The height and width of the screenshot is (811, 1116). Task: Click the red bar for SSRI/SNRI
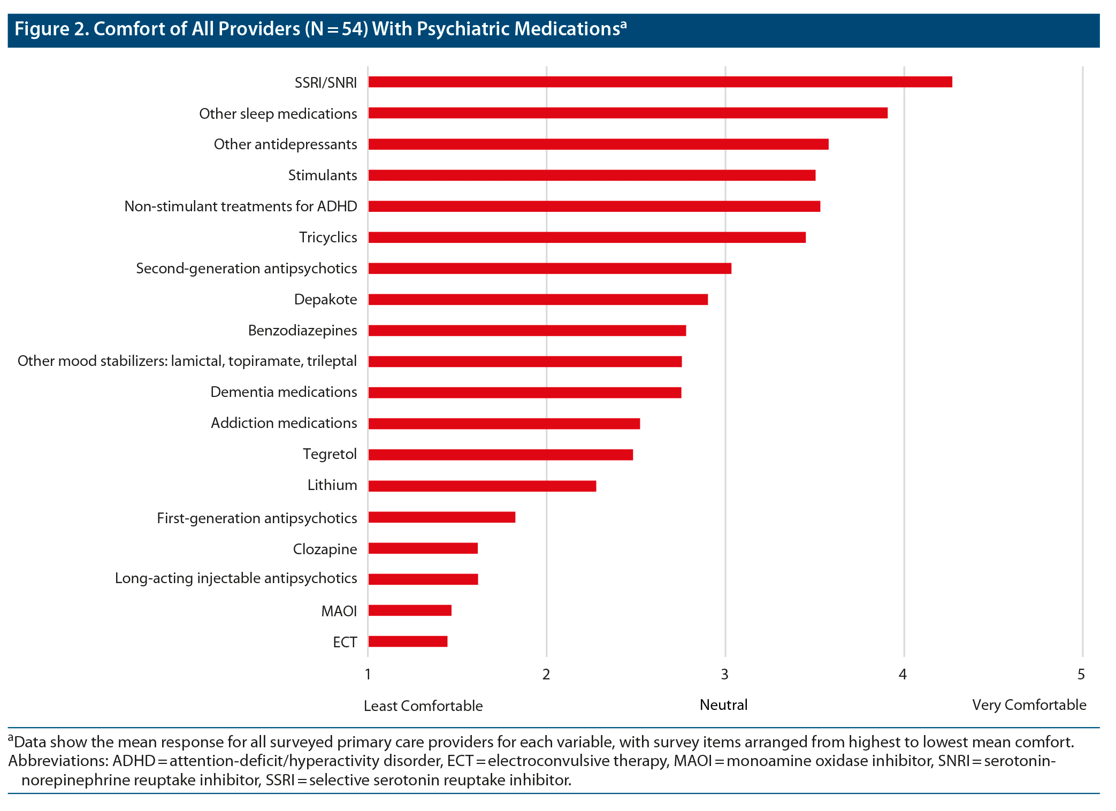(x=660, y=82)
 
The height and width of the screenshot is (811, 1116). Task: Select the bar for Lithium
(x=482, y=486)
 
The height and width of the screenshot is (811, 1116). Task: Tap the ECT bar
(x=408, y=641)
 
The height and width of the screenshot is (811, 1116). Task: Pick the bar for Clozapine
(x=423, y=548)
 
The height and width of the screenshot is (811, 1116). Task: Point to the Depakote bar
(x=538, y=300)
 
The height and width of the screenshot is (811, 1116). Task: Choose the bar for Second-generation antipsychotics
(x=549, y=269)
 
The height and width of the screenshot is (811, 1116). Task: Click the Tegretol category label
(x=330, y=454)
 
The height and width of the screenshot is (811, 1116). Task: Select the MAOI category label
(x=339, y=611)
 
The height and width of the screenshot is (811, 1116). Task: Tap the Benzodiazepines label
(x=302, y=331)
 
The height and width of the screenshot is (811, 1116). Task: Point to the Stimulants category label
(x=322, y=175)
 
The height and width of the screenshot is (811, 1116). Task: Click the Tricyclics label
(x=327, y=238)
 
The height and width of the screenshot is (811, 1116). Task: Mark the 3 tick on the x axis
(x=724, y=675)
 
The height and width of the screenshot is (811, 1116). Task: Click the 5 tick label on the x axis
(x=1081, y=675)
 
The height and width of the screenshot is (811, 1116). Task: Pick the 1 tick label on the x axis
(x=368, y=675)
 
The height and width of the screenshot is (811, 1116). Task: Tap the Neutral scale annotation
(x=723, y=705)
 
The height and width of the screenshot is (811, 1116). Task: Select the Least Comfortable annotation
(x=423, y=706)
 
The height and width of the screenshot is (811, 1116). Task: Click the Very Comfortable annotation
(x=1029, y=705)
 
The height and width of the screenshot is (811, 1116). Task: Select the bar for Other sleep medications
(x=628, y=113)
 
